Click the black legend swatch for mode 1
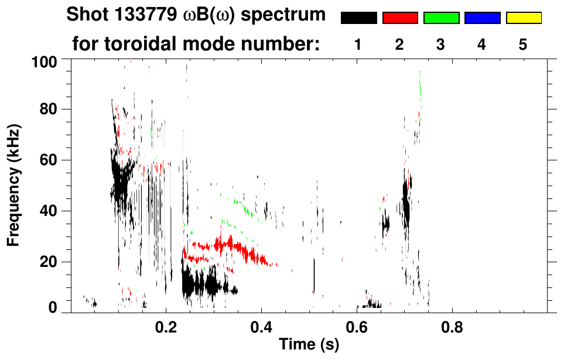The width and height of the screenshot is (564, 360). click(358, 18)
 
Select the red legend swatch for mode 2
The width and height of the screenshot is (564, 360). click(400, 18)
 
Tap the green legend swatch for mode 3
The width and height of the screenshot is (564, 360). click(441, 18)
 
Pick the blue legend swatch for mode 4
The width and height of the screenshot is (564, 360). click(482, 18)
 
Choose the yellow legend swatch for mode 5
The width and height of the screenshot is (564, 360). click(523, 18)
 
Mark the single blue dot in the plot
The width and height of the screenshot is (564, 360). click(257, 176)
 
